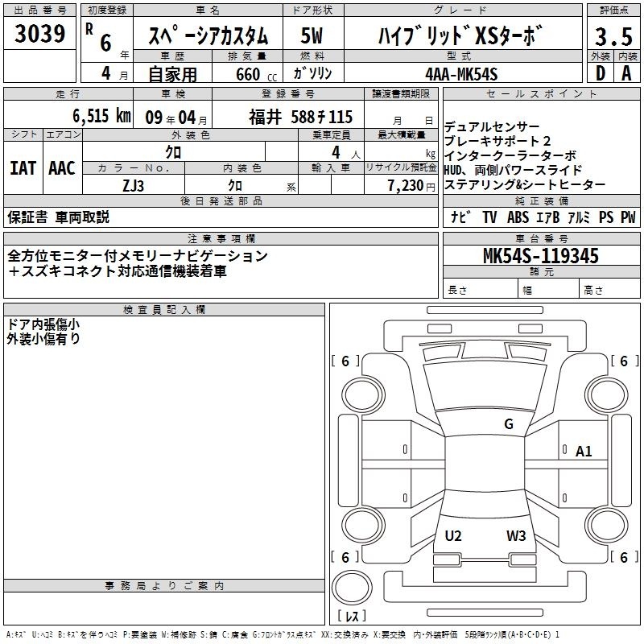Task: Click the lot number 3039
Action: coord(39,34)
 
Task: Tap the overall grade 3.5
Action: coord(613,36)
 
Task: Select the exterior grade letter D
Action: coord(600,73)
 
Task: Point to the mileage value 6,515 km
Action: coord(101,116)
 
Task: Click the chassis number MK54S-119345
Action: coord(541,255)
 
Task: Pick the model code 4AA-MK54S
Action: coord(461,74)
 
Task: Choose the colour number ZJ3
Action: coord(133,186)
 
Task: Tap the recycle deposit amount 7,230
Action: coord(406,186)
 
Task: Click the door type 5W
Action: coord(312,35)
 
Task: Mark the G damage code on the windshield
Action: coord(509,423)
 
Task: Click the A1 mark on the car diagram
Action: coord(583,452)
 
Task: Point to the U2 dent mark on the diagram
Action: coord(453,535)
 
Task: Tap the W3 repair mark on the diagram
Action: coord(516,535)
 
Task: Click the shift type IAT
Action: coord(23,168)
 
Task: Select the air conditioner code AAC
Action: coord(62,168)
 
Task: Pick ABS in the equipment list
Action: coord(518,217)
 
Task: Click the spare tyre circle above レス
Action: coord(352,588)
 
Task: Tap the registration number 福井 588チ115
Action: coord(300,117)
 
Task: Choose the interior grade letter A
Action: coord(626,73)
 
